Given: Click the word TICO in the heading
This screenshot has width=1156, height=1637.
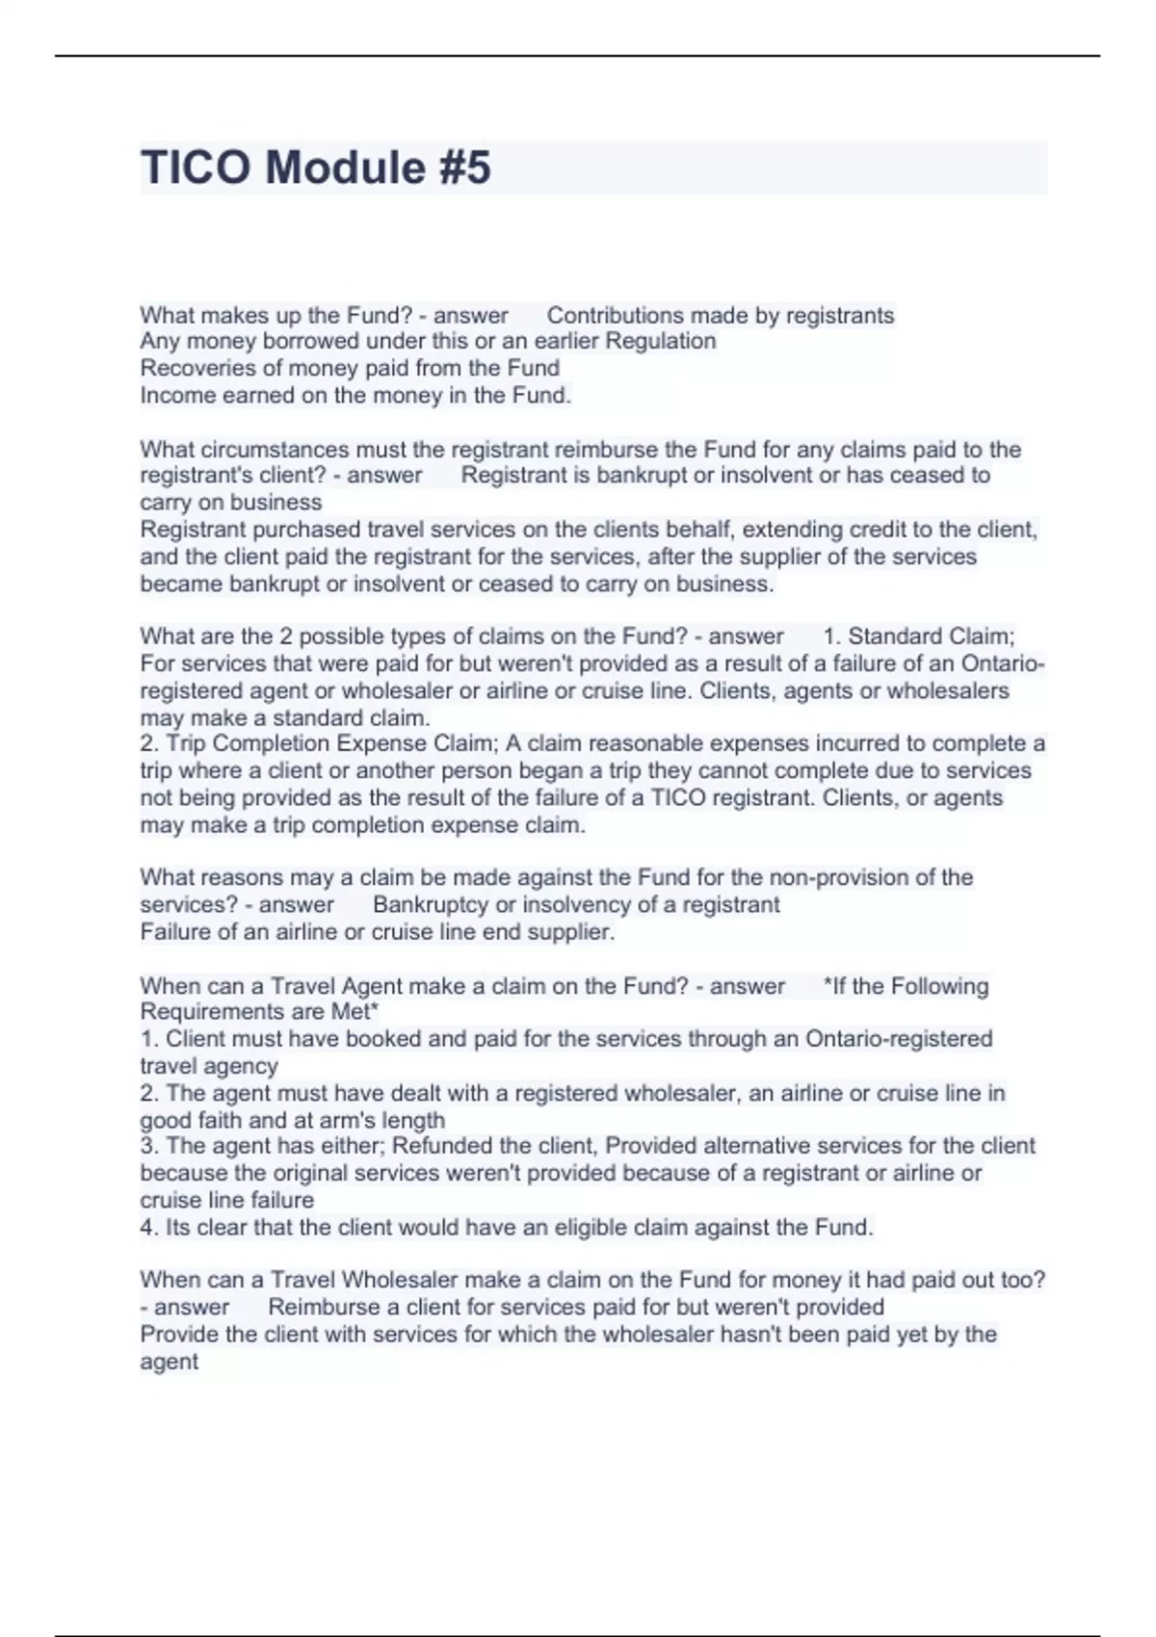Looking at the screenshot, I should [197, 168].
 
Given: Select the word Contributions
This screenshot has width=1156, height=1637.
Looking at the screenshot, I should [614, 315].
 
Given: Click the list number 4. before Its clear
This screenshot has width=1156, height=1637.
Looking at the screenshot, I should [149, 1228].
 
